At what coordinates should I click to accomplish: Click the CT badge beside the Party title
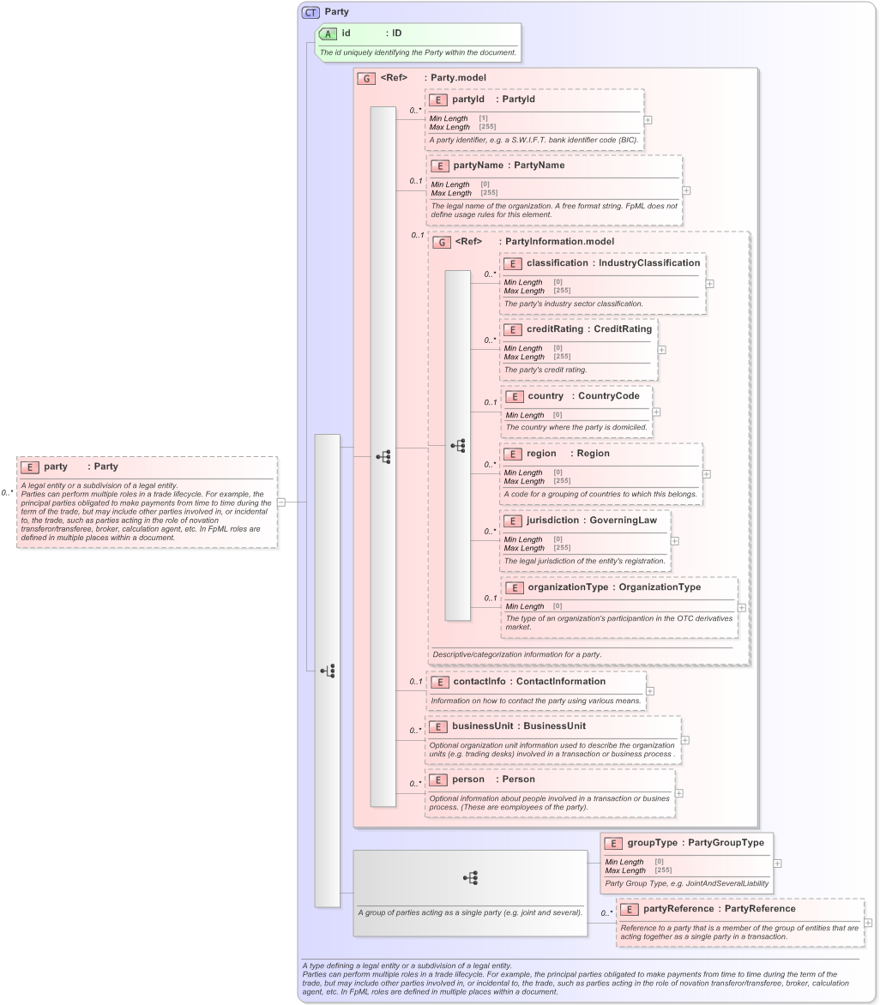pos(310,12)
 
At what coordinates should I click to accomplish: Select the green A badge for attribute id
pos(327,33)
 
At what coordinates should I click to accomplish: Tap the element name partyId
pos(468,99)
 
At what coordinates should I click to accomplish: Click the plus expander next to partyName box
pos(686,190)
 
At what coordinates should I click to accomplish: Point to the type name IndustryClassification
pos(649,263)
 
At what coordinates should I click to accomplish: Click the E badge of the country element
pos(514,396)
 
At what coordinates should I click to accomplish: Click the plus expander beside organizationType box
pos(741,607)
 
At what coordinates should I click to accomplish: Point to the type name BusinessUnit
pos(555,726)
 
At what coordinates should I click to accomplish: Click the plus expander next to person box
pos(678,792)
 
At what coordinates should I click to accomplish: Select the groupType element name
pos(653,843)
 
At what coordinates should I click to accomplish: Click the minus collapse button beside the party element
pos(280,502)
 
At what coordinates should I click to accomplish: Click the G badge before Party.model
pos(366,78)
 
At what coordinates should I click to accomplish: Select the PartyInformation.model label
pos(559,242)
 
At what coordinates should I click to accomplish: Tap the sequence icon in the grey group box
pos(470,877)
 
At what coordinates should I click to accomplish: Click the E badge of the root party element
pos(29,467)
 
